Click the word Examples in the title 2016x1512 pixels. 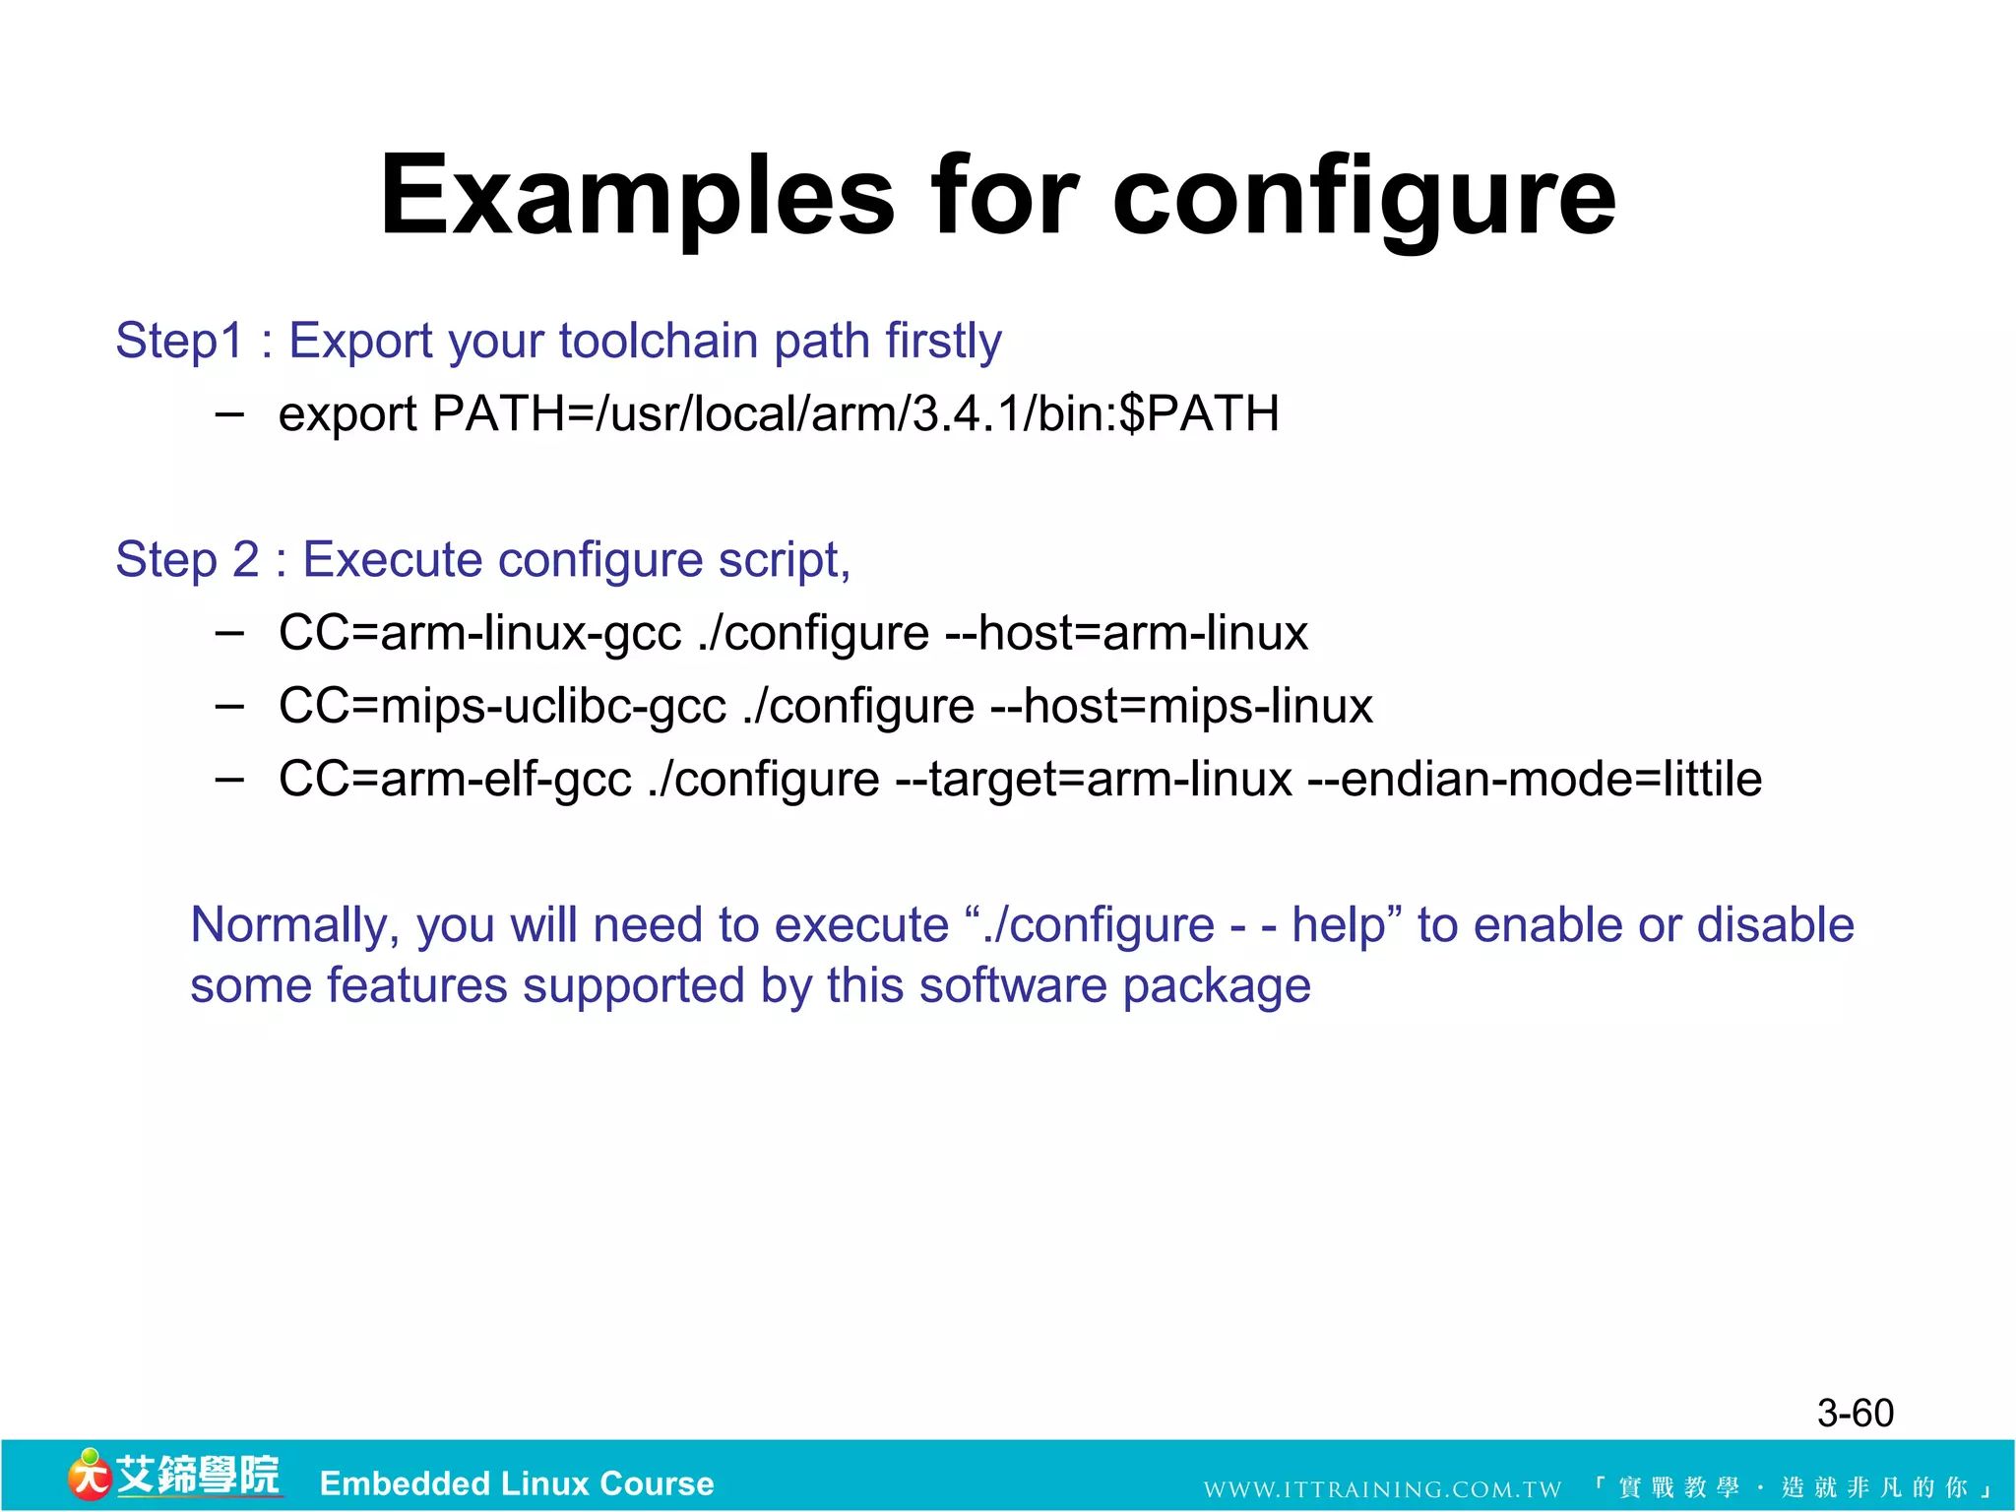(637, 197)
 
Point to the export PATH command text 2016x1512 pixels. (779, 413)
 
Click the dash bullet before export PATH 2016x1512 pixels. (229, 413)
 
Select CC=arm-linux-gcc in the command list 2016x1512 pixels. (479, 633)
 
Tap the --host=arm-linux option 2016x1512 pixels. (1125, 633)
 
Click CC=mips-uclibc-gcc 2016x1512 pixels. (502, 706)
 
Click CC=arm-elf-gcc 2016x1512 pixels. (455, 779)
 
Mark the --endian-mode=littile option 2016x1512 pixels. (1534, 779)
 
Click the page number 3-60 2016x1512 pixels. (1855, 1414)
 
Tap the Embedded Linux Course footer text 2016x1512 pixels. (517, 1483)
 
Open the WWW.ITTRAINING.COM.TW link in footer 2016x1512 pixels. (1382, 1489)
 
